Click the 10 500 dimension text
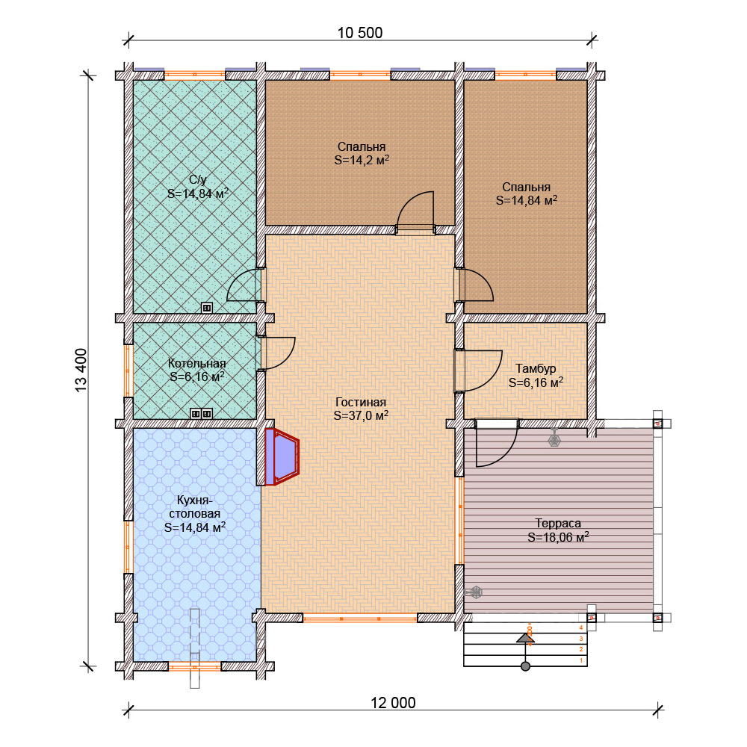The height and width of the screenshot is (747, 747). point(360,33)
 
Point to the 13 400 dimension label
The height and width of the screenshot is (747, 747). point(81,371)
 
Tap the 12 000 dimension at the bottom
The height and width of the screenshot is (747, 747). point(393,703)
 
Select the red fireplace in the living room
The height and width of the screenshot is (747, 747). point(282,457)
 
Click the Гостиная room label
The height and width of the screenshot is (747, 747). point(361,402)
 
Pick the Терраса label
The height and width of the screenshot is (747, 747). point(558,523)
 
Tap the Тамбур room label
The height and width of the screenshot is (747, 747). point(536,369)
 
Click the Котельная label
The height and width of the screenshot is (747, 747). point(196,363)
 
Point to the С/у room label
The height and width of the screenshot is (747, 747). point(198,179)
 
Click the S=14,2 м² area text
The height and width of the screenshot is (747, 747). point(362,160)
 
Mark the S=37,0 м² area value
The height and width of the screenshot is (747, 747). point(361,415)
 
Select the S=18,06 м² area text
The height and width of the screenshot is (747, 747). point(558,537)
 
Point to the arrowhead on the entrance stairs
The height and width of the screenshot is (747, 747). point(525,639)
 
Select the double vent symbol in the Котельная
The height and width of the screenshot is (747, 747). point(201,414)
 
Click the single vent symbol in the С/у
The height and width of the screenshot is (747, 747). point(206,308)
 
